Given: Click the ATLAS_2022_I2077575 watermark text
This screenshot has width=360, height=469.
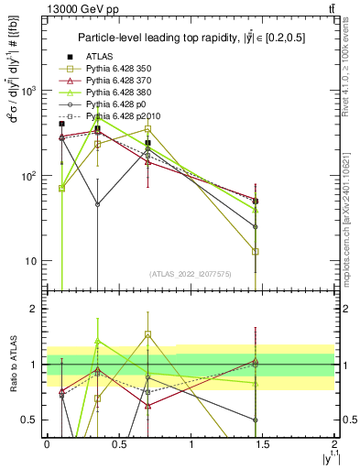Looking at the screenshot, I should (191, 274).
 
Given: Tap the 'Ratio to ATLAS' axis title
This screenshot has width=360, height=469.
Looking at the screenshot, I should (12, 365).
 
